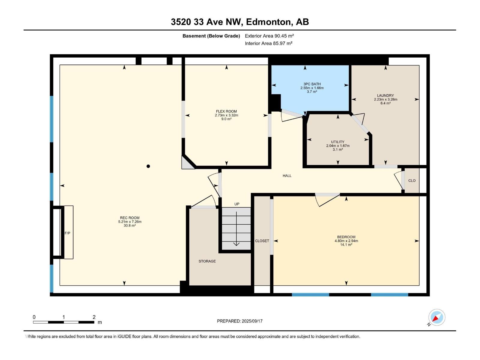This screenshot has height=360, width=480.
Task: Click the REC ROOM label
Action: click(x=130, y=218)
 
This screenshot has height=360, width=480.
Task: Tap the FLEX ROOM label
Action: click(x=226, y=111)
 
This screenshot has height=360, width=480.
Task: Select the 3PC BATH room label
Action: click(x=312, y=84)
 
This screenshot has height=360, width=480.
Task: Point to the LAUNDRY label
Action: click(x=385, y=95)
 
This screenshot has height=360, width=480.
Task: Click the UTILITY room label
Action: click(x=337, y=142)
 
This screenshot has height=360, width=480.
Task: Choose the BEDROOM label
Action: click(x=346, y=237)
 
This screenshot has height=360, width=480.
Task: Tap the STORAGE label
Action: click(x=207, y=261)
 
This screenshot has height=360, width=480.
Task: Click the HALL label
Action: click(x=287, y=175)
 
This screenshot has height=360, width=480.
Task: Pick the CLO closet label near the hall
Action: click(x=412, y=181)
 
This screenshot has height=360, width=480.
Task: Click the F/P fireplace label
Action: click(x=67, y=233)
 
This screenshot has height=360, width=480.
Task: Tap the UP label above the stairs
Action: click(x=237, y=204)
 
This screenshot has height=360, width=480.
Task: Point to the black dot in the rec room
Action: click(x=148, y=166)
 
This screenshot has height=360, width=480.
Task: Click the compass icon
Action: click(x=437, y=317)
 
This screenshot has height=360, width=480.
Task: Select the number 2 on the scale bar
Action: click(x=94, y=317)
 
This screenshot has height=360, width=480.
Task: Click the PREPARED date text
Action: click(x=240, y=321)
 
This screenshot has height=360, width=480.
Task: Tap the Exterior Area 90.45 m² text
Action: click(x=269, y=36)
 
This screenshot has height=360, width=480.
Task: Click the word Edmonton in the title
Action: click(x=269, y=22)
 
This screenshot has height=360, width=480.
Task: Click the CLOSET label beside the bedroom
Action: click(x=262, y=241)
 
